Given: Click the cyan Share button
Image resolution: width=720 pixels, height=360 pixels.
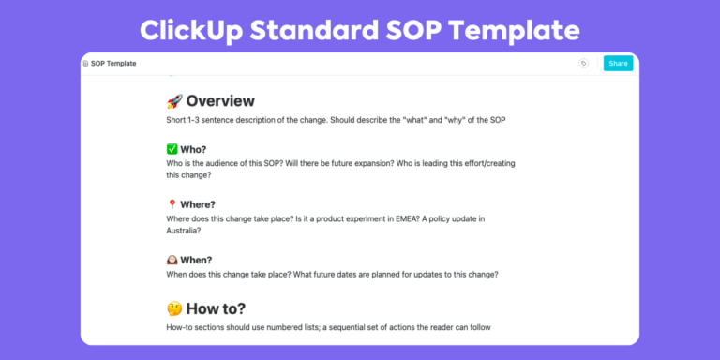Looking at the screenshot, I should (618, 64).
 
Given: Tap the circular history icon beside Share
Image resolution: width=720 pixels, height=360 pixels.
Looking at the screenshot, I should (583, 64).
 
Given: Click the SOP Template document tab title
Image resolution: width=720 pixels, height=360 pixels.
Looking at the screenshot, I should (112, 64).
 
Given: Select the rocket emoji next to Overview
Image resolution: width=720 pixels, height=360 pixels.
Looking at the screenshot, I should (173, 101).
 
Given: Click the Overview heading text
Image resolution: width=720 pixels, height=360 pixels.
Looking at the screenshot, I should (220, 101).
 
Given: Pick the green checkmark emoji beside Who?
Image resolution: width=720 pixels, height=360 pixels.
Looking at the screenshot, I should (172, 149).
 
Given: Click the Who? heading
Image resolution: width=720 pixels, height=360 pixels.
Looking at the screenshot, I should (193, 149).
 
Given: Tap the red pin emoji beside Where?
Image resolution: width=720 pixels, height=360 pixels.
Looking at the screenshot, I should (172, 204).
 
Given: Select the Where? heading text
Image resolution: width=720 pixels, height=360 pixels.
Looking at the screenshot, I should (198, 204).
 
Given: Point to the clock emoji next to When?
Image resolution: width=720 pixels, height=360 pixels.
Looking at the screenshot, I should (172, 260).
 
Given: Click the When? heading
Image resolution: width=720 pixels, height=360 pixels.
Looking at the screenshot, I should (197, 260).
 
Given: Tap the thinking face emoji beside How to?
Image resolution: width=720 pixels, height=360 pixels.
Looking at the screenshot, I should (173, 308).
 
